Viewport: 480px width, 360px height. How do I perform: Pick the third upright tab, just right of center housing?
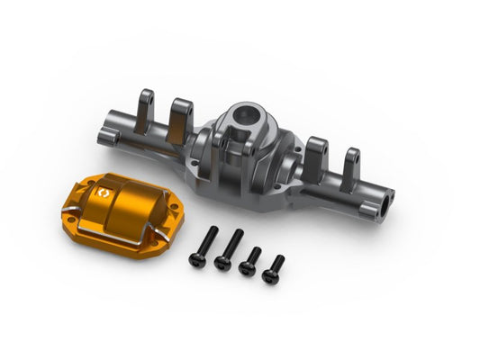click(316, 149)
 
